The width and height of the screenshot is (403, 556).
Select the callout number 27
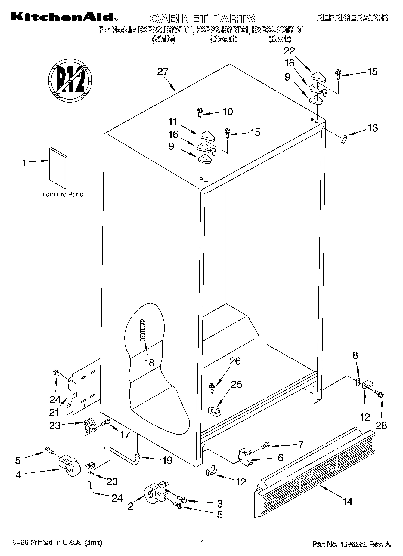(x=163, y=72)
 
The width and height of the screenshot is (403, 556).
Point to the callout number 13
(x=373, y=128)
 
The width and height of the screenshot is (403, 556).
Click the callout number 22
(x=289, y=51)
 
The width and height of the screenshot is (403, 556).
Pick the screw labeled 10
(x=199, y=112)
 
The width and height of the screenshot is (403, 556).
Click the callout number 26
(x=235, y=361)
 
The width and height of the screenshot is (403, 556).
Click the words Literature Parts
(x=61, y=194)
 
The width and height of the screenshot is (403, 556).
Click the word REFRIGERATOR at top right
(x=352, y=18)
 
